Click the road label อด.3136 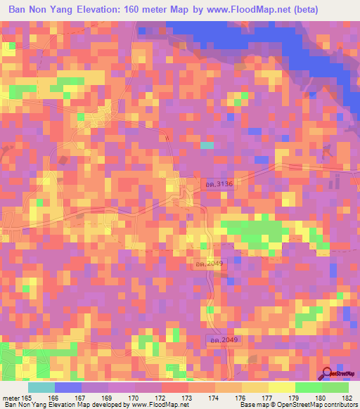click(219, 183)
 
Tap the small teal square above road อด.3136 click(207, 145)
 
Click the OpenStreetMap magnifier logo click(327, 375)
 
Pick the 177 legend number click(255, 398)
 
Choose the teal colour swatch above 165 click(41, 387)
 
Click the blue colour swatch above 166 click(68, 387)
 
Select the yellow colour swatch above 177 click(255, 387)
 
